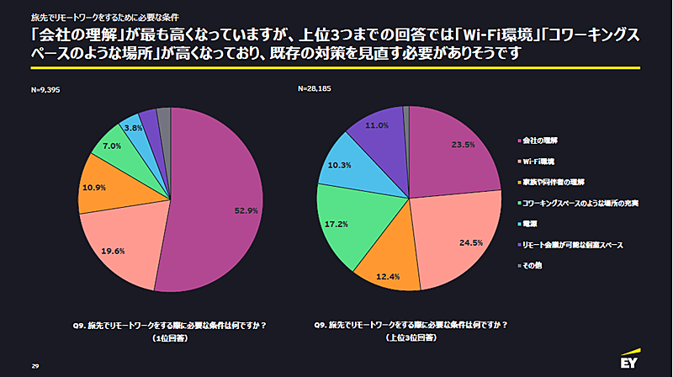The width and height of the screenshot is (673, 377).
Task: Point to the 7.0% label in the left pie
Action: pyautogui.click(x=113, y=146)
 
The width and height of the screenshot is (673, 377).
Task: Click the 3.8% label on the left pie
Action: pyautogui.click(x=132, y=128)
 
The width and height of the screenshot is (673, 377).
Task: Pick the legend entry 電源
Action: pyautogui.click(x=531, y=225)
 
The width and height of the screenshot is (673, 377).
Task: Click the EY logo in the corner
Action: pyautogui.click(x=632, y=363)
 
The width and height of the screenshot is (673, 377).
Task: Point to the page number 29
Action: pyautogui.click(x=35, y=367)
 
